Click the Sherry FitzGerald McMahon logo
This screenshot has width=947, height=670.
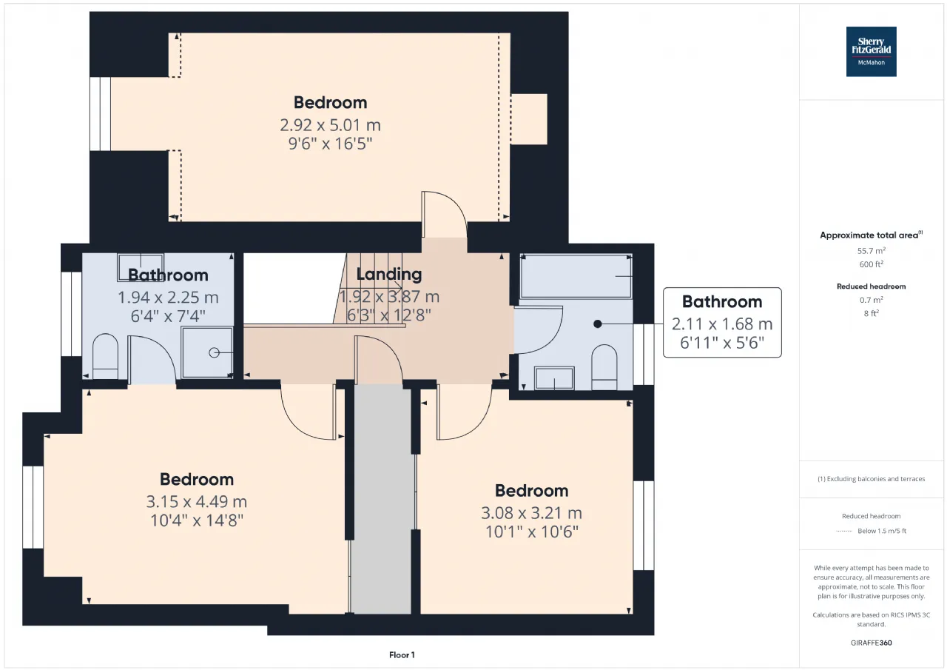pyautogui.click(x=871, y=52)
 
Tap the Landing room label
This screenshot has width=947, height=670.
pyautogui.click(x=389, y=274)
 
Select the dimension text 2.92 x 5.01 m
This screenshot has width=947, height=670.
pyautogui.click(x=330, y=125)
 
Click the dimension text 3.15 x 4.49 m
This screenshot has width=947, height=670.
pyautogui.click(x=197, y=502)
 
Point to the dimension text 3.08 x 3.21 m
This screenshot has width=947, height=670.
pyautogui.click(x=531, y=513)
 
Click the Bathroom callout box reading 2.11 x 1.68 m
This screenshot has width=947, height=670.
pyautogui.click(x=722, y=322)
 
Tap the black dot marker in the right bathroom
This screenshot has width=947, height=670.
pyautogui.click(x=597, y=324)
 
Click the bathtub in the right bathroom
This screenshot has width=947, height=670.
pyautogui.click(x=576, y=276)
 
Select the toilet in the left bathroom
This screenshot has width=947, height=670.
pyautogui.click(x=105, y=356)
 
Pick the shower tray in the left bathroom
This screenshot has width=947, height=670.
pyautogui.click(x=207, y=352)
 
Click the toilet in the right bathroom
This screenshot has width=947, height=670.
pyautogui.click(x=604, y=366)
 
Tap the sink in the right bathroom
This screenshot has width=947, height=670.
pyautogui.click(x=554, y=378)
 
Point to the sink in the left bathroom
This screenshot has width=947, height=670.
pyautogui.click(x=141, y=267)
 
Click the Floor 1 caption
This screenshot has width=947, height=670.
pyautogui.click(x=402, y=654)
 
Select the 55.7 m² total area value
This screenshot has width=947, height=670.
pyautogui.click(x=872, y=251)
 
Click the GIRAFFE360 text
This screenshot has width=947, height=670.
pyautogui.click(x=872, y=643)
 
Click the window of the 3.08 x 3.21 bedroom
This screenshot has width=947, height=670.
pyautogui.click(x=644, y=526)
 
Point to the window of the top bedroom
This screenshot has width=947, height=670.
pyautogui.click(x=100, y=114)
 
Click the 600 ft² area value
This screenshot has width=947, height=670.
pyautogui.click(x=872, y=264)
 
